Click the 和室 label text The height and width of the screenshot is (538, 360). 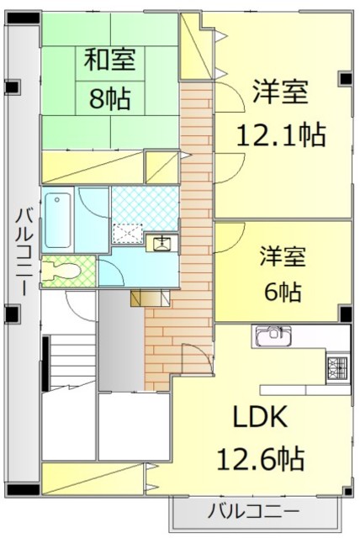(110, 61)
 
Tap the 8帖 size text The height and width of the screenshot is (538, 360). (110, 98)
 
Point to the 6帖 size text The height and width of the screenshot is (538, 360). (280, 292)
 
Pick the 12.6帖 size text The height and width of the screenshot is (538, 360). (261, 459)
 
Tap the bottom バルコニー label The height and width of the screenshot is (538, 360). (252, 510)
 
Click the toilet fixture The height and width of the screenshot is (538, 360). (62, 272)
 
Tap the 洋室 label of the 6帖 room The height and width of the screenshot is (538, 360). (280, 255)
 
